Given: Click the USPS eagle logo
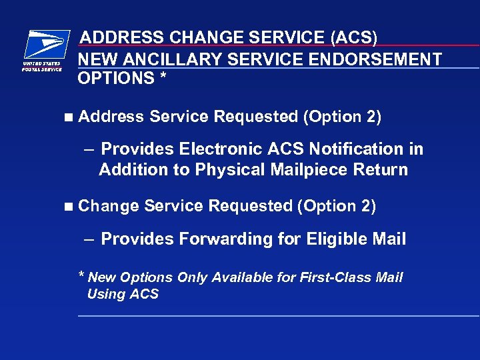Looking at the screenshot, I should (45, 45).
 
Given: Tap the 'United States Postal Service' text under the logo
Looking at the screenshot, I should (42, 66).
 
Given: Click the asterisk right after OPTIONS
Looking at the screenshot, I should (163, 77).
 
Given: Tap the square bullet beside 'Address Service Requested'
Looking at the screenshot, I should (69, 117).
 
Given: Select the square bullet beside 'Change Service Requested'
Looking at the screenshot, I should (69, 207).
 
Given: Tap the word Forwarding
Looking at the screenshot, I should (219, 239).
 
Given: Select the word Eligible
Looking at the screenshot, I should (329, 239).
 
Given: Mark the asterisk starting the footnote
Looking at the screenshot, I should (81, 276).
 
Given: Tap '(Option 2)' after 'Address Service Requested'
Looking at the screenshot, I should (342, 117).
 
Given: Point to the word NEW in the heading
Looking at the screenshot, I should (95, 60).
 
